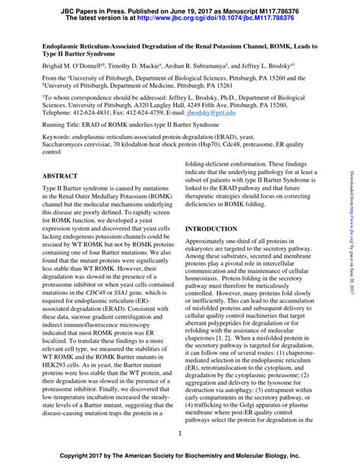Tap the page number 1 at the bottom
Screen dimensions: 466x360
coord(179,433)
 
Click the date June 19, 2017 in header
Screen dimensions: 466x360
coord(174,6)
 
